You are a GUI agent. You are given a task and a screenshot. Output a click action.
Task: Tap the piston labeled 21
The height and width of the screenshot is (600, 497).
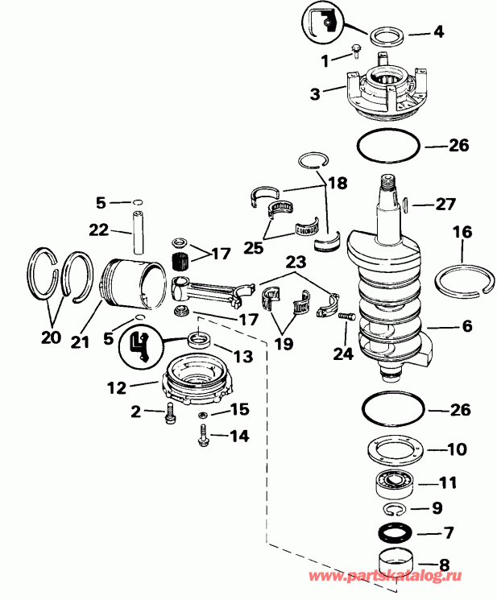tap(133, 286)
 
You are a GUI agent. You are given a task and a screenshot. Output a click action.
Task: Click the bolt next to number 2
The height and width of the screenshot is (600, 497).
tap(170, 413)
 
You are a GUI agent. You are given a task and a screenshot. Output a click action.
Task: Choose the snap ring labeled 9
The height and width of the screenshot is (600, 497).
tap(394, 507)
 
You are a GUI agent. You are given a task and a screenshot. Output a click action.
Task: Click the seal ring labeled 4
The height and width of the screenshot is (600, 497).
tap(386, 35)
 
